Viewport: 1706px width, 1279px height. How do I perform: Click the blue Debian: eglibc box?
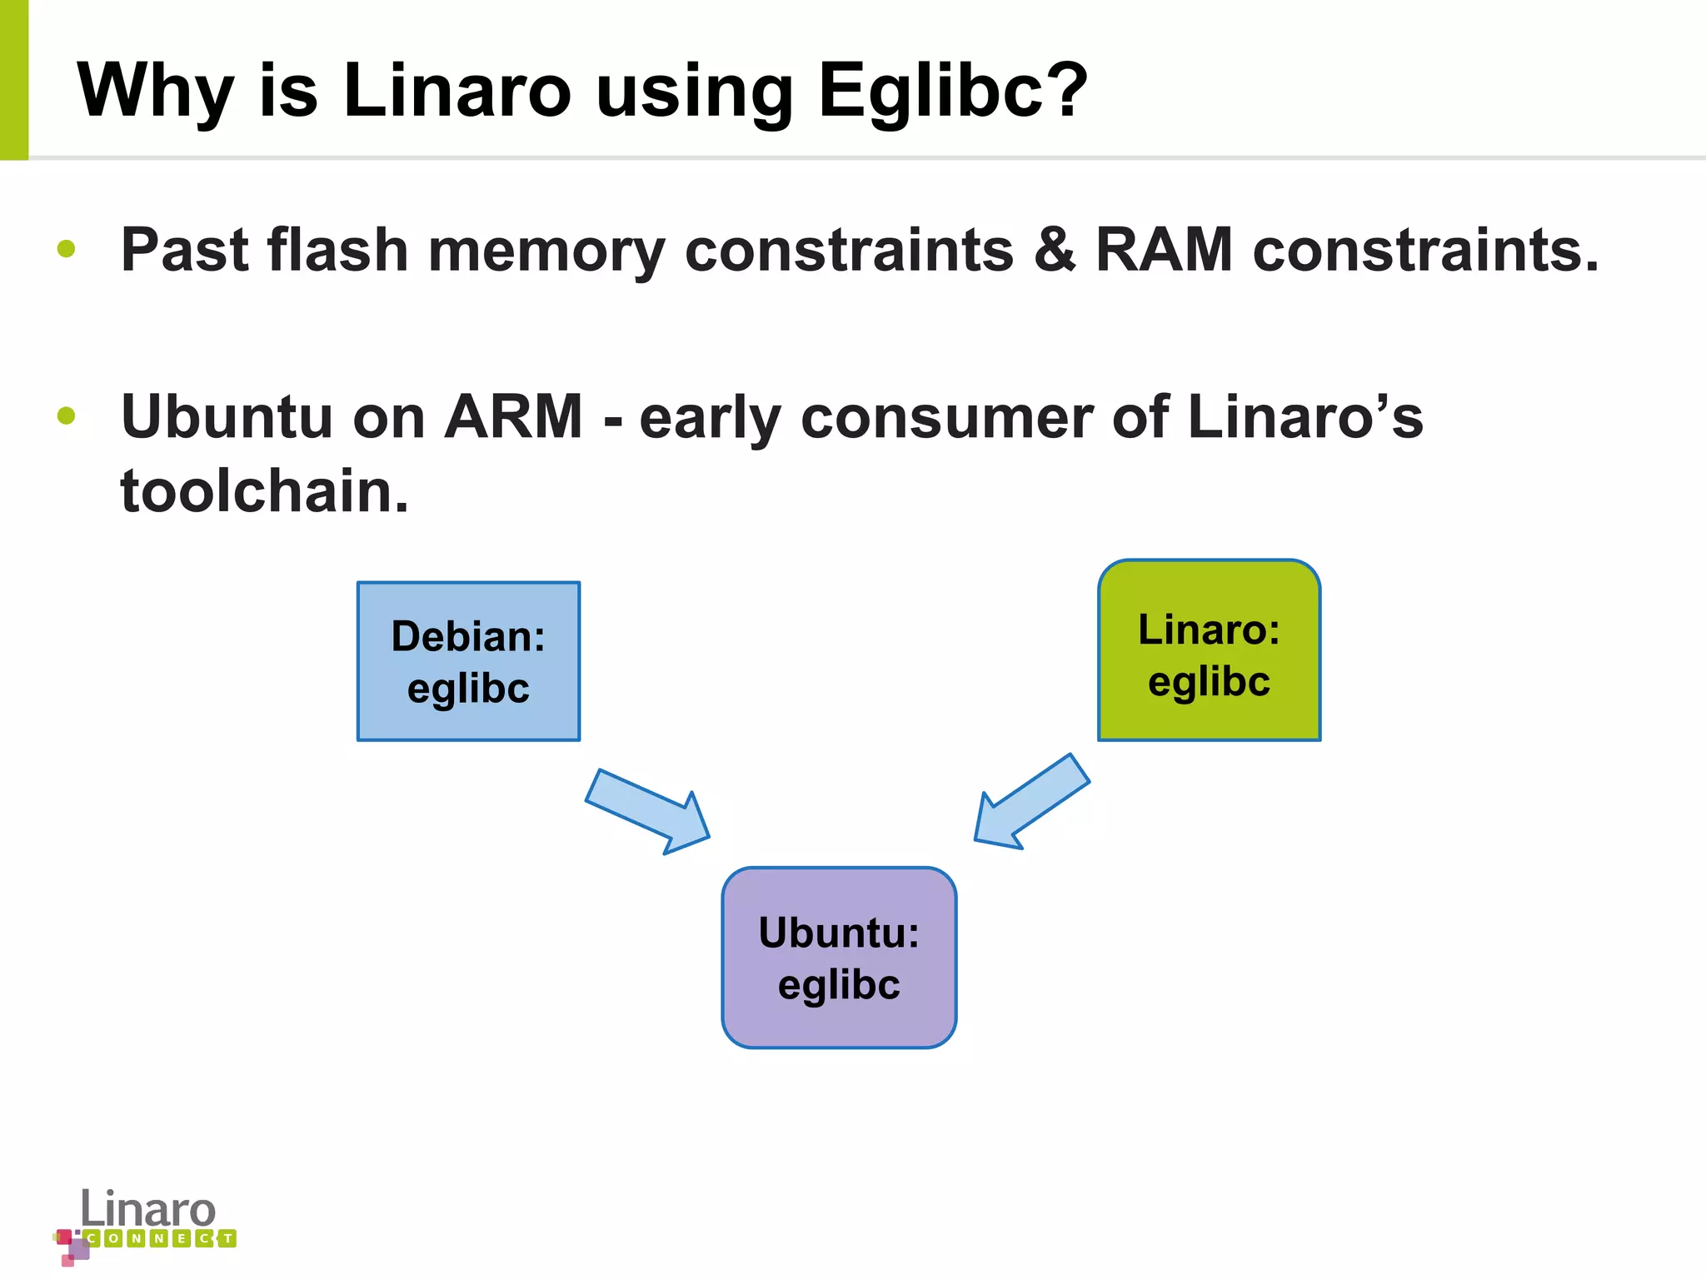coord(468,661)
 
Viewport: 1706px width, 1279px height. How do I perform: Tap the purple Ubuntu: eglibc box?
coord(839,958)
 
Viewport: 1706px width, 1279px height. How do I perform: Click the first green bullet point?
coord(67,249)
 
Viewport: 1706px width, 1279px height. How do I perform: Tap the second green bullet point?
coord(67,416)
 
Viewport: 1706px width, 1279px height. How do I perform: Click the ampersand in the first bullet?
coord(1055,249)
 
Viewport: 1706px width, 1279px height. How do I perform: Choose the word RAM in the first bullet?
coord(1164,249)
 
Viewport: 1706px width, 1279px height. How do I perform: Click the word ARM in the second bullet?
coord(513,416)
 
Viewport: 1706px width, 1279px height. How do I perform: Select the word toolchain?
coord(264,490)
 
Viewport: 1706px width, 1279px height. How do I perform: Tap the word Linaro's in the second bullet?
coord(1305,416)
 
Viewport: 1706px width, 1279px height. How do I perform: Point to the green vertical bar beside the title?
coord(13,80)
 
